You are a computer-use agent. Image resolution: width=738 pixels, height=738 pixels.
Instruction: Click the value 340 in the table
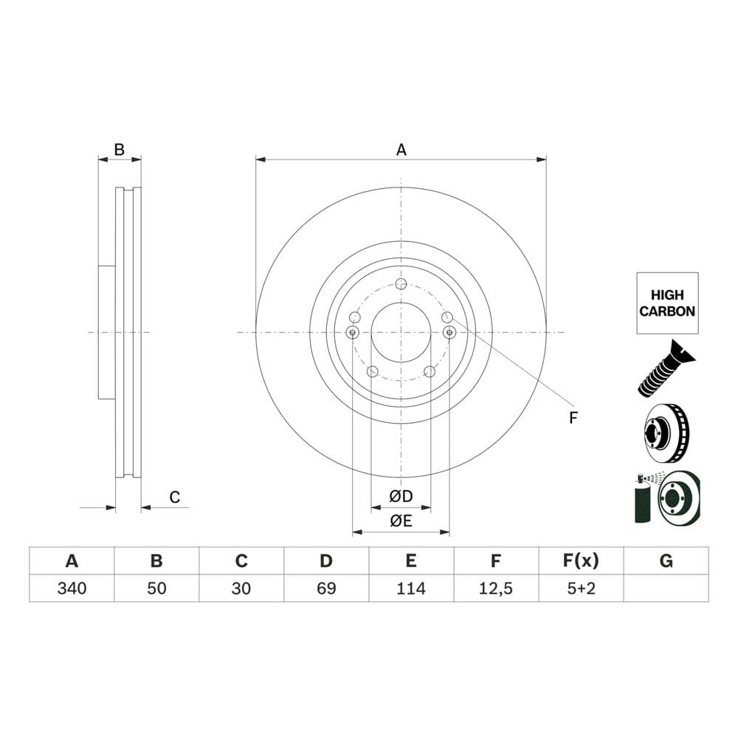[x=72, y=588]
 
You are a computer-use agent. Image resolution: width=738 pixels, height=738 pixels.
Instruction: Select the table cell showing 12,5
[x=496, y=588]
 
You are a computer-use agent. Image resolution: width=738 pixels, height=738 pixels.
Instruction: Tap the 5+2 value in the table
[x=581, y=588]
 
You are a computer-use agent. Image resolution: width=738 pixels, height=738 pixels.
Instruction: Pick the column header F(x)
[x=581, y=561]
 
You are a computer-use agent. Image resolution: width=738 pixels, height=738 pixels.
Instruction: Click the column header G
[x=666, y=561]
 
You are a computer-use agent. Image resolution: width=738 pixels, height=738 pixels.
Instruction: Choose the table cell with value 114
[x=411, y=588]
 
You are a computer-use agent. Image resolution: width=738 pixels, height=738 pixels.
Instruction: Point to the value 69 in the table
[x=326, y=588]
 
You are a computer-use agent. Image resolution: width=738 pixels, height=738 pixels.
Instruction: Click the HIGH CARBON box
[x=667, y=303]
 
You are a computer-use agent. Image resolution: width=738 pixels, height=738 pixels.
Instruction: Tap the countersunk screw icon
[x=666, y=368]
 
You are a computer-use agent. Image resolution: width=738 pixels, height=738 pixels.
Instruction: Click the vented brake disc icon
[x=666, y=433]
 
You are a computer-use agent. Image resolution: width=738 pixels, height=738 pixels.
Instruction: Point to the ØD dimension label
[x=401, y=494]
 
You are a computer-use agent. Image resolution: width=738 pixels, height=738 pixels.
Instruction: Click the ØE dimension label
[x=401, y=520]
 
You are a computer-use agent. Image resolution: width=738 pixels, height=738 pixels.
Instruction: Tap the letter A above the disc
[x=401, y=150]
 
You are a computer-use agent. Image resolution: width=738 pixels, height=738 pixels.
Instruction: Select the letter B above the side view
[x=120, y=150]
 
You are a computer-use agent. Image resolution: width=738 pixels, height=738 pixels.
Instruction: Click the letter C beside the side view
[x=175, y=497]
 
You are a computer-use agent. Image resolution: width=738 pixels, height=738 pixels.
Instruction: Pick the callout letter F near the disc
[x=573, y=418]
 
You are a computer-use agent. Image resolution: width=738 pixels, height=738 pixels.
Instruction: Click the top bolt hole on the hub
[x=401, y=285]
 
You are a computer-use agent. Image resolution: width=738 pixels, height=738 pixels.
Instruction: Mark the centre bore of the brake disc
[x=401, y=332]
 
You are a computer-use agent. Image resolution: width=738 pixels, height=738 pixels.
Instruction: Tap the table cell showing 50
[x=156, y=588]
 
